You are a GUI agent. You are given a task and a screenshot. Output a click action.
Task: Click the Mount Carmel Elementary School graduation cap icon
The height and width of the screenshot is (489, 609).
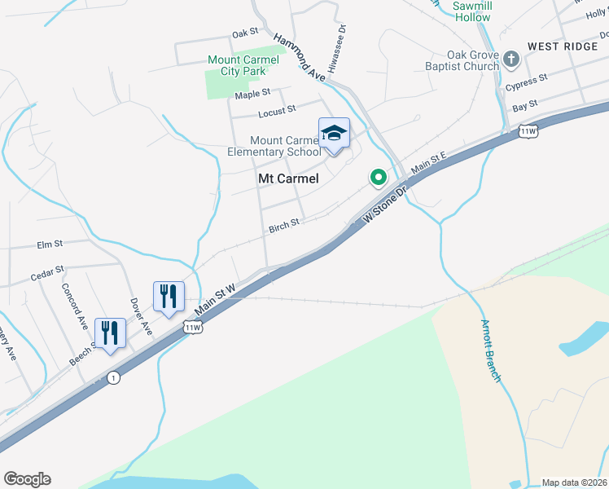[x=334, y=133]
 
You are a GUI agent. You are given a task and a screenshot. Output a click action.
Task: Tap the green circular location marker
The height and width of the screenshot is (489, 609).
[x=378, y=176]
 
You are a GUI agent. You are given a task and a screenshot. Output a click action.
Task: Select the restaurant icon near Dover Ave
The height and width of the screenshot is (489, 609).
[x=169, y=296]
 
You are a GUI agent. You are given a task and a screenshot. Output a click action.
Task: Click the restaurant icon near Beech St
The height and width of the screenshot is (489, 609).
[x=110, y=332]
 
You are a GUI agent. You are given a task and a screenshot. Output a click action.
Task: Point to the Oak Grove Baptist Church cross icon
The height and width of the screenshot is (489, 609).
[x=511, y=59]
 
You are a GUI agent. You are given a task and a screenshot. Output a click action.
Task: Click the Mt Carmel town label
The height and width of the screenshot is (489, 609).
[x=287, y=178]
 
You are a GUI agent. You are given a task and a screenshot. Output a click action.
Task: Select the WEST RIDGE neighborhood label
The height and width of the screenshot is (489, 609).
[x=562, y=46]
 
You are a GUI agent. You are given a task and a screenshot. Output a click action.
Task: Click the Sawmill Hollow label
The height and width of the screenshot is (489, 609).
[x=472, y=11]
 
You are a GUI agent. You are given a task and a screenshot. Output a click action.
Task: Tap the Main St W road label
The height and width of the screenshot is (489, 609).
[x=215, y=300]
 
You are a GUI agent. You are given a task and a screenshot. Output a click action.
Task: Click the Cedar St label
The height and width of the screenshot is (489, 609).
[x=47, y=271]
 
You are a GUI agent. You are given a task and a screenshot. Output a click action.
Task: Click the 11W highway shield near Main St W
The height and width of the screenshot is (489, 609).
[x=192, y=328]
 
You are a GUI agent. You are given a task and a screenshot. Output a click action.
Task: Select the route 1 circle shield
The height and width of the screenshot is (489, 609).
[x=112, y=377]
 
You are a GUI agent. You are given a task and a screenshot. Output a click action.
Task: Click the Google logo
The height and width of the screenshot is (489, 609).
[x=27, y=479]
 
